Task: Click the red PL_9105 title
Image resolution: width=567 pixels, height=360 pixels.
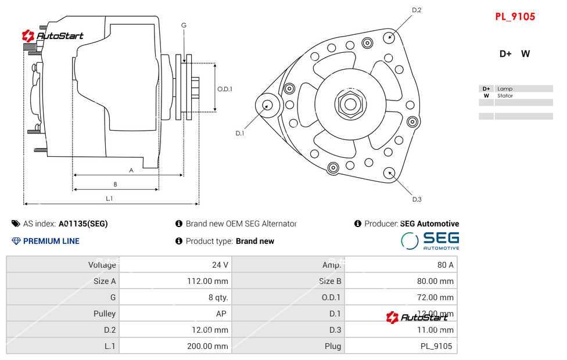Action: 515,17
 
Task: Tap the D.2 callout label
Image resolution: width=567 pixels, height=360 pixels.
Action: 416,10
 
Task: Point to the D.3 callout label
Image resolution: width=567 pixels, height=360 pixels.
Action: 417,199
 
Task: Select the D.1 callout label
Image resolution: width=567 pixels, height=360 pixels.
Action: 239,134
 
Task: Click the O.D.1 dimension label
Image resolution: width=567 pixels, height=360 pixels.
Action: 225,89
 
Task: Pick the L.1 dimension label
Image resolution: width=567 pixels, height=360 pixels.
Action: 109,199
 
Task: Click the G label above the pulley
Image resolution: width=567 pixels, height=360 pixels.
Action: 184,25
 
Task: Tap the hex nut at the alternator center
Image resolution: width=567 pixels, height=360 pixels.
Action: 350,105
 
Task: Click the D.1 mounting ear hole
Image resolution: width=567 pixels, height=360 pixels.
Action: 268,105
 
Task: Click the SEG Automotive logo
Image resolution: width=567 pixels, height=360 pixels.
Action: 430,240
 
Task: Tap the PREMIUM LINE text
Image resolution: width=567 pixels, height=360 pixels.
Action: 51,241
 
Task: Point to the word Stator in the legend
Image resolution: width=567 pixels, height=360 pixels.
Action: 505,96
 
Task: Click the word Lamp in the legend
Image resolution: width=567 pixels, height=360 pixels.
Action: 505,89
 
